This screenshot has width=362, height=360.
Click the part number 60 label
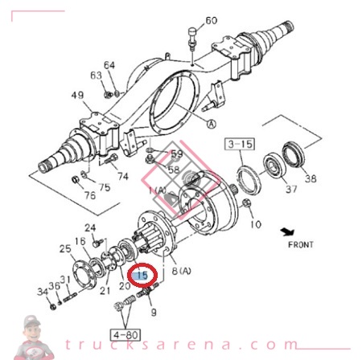211,20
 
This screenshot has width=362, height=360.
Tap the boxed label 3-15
238,145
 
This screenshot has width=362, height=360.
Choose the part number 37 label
291,189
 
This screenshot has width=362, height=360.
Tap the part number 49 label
77,96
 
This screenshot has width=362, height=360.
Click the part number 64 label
109,65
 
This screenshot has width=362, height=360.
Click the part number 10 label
257,223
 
